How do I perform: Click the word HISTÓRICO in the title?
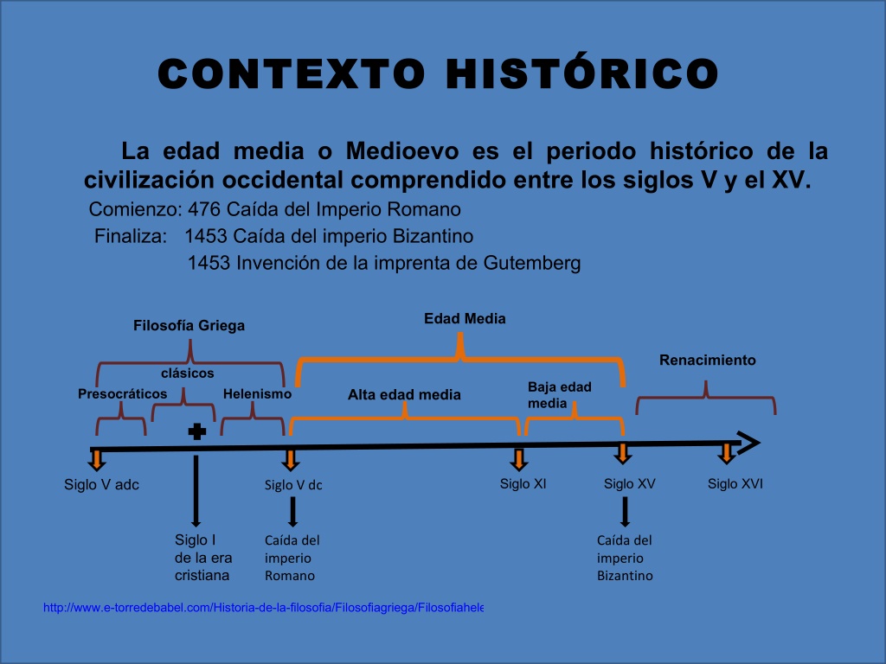pyautogui.click(x=582, y=73)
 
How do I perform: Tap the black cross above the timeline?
pyautogui.click(x=196, y=432)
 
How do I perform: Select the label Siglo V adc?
pyautogui.click(x=102, y=484)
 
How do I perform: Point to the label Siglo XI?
pyautogui.click(x=523, y=484)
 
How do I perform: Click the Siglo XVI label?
pyautogui.click(x=735, y=484)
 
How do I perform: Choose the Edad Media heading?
pyautogui.click(x=465, y=318)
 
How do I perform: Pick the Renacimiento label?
pyautogui.click(x=708, y=360)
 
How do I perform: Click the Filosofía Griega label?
pyautogui.click(x=189, y=325)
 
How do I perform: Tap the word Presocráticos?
pyautogui.click(x=123, y=393)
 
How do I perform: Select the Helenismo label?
pyautogui.click(x=257, y=393)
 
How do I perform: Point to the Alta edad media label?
pyautogui.click(x=404, y=394)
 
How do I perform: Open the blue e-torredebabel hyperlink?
pyautogui.click(x=263, y=608)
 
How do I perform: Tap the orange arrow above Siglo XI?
pyautogui.click(x=519, y=459)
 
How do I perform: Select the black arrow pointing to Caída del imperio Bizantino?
pyautogui.click(x=625, y=512)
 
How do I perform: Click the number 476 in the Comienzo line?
pyautogui.click(x=204, y=209)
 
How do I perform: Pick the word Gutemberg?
pyautogui.click(x=532, y=263)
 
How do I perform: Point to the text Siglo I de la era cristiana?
pyautogui.click(x=203, y=558)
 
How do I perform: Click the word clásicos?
pyautogui.click(x=188, y=373)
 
